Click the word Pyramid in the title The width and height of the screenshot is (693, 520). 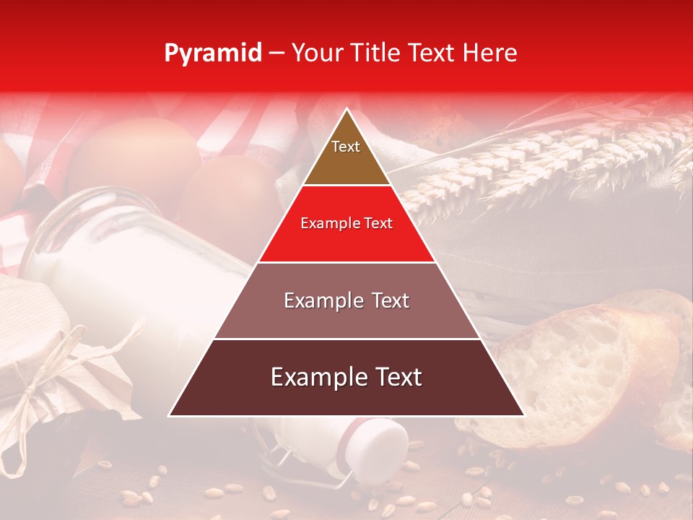[213, 53]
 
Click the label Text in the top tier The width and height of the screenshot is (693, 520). [346, 147]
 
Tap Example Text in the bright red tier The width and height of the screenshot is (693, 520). [346, 223]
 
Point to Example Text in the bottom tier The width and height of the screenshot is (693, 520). [346, 377]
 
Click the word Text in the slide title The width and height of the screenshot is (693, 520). [434, 53]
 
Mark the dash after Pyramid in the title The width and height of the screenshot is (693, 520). [276, 53]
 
